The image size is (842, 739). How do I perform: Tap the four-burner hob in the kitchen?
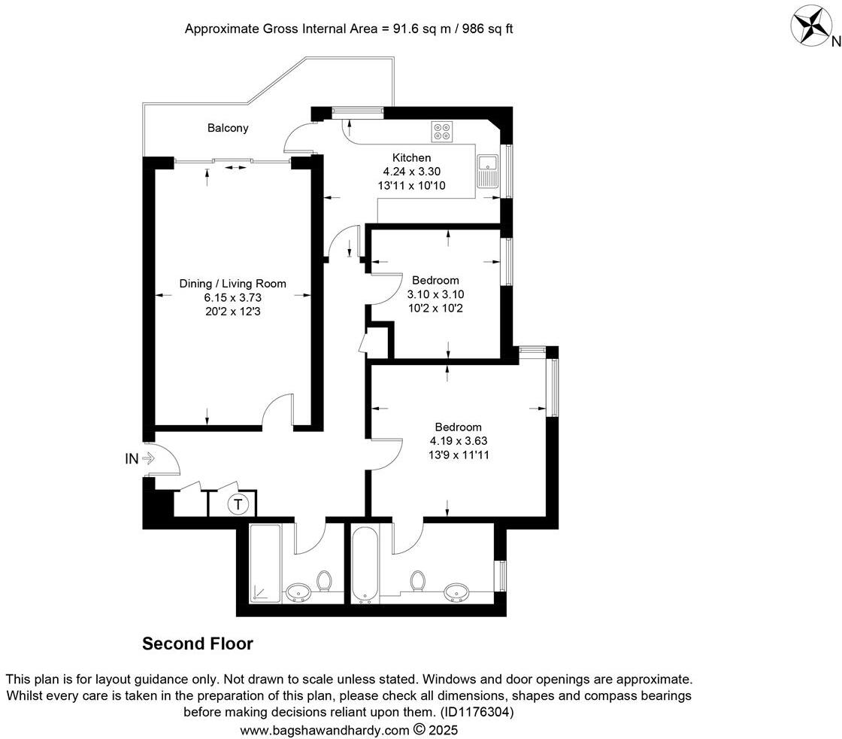441,132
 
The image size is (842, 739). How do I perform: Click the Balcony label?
228,128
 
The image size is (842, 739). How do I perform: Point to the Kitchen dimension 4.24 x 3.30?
412,172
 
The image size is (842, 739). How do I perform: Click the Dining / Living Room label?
232,284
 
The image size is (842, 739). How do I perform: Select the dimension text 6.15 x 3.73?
232,297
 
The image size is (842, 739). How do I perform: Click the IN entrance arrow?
140,458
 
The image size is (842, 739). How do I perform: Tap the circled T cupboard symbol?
238,504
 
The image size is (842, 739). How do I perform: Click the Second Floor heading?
198,644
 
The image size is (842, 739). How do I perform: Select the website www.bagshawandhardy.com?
325,730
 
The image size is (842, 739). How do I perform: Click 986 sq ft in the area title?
488,29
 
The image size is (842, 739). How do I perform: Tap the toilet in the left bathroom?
325,582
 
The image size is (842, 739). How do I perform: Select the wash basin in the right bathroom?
456,592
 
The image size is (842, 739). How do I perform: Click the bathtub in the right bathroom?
366,564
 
